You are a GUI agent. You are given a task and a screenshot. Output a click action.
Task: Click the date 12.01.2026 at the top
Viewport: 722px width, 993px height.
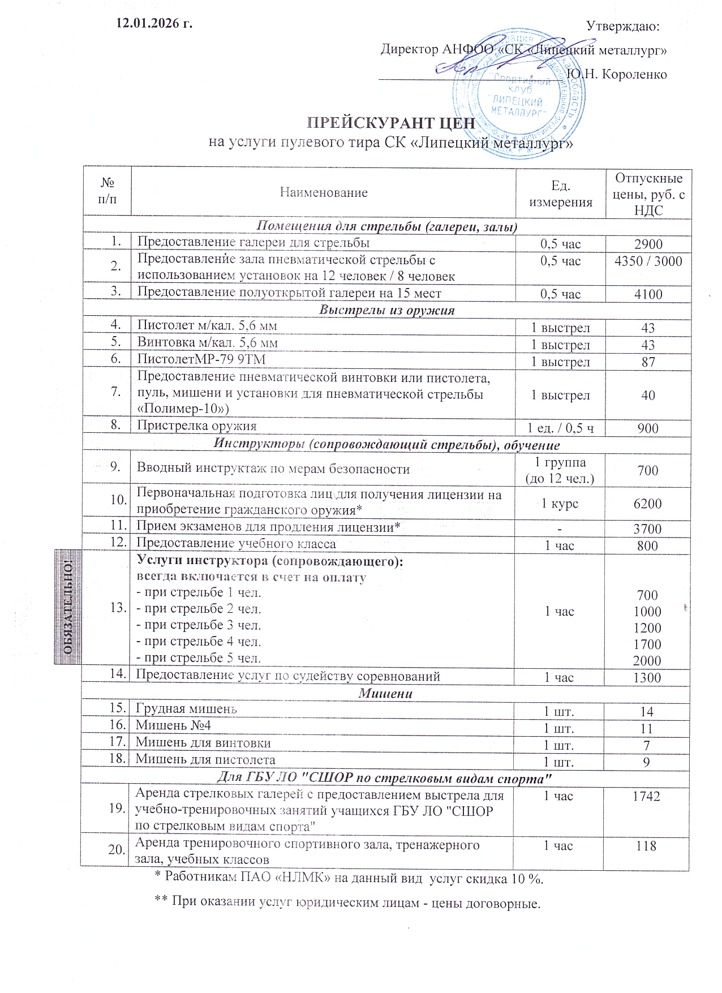pyautogui.click(x=154, y=24)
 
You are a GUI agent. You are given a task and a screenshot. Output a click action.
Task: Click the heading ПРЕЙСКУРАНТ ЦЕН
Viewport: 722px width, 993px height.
pyautogui.click(x=390, y=123)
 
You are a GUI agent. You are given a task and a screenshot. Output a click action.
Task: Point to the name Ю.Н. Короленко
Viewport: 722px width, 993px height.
pyautogui.click(x=616, y=74)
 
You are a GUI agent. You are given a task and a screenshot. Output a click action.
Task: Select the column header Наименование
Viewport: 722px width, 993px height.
pyautogui.click(x=324, y=193)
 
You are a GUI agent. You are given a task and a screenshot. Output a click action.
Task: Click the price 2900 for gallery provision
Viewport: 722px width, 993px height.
pyautogui.click(x=648, y=244)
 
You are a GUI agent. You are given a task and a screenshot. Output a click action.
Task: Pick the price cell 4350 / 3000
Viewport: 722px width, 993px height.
pyautogui.click(x=648, y=261)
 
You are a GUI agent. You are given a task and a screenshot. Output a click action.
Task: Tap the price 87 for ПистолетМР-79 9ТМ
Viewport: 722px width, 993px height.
pyautogui.click(x=648, y=362)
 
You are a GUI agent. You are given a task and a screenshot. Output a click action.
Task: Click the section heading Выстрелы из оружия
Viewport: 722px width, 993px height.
pyautogui.click(x=387, y=310)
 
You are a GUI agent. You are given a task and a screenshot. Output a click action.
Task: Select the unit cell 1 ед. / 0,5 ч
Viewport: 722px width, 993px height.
pyautogui.click(x=560, y=428)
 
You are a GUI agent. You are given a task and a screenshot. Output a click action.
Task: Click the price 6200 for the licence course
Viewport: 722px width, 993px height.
pyautogui.click(x=647, y=504)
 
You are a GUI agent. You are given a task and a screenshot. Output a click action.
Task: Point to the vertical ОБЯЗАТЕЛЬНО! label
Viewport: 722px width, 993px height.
pyautogui.click(x=68, y=607)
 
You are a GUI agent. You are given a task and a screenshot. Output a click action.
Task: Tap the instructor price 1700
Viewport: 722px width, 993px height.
pyautogui.click(x=647, y=644)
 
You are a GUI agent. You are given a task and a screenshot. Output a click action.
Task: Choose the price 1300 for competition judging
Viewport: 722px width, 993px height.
pyautogui.click(x=647, y=678)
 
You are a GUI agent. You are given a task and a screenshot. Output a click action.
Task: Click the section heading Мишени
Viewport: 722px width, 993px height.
pyautogui.click(x=385, y=694)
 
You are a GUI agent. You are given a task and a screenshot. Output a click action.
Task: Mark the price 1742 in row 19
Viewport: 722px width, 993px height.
pyautogui.click(x=646, y=796)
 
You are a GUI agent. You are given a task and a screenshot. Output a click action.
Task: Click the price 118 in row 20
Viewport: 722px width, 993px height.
pyautogui.click(x=646, y=846)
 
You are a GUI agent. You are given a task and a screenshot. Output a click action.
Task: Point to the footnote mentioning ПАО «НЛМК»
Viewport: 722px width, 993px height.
pyautogui.click(x=349, y=879)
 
